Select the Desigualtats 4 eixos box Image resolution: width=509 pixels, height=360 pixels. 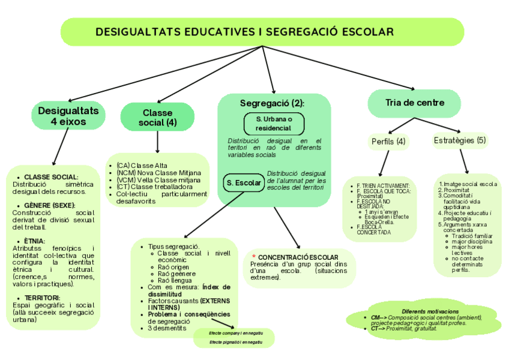pos(68,116)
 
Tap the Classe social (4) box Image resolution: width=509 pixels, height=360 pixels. pos(157,117)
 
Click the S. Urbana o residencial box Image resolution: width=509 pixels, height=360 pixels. pos(274,124)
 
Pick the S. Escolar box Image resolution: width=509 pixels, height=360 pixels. pos(243,182)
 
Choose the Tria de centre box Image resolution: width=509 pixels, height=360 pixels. pos(415,103)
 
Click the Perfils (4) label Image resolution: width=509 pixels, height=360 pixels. pos(388,142)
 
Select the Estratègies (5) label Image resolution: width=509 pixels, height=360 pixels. pos(460,140)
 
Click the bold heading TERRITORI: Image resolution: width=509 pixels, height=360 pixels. pos(42,298)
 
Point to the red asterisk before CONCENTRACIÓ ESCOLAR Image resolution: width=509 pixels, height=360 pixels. pos(253,257)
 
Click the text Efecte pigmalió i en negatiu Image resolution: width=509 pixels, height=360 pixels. pos(236,342)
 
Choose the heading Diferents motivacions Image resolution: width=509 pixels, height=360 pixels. pos(430,311)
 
